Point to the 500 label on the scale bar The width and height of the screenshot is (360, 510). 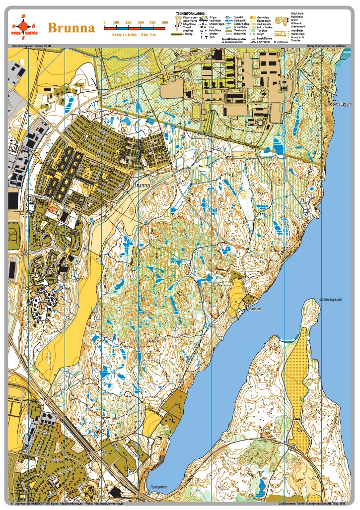coord(165,23)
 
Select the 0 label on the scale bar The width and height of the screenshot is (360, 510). coord(104,23)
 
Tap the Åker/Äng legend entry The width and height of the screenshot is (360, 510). coord(263,16)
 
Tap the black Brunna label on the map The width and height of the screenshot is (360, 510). coord(142,185)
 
